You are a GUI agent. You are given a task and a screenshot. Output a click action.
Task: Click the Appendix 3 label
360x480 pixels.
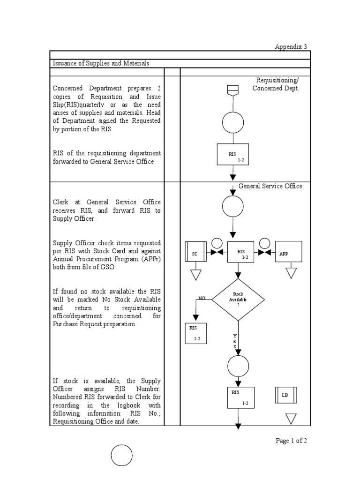click(x=291, y=47)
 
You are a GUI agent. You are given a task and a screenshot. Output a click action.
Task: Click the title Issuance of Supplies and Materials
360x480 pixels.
click(x=101, y=63)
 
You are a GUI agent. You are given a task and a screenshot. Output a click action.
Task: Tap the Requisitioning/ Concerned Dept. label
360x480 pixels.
click(x=276, y=84)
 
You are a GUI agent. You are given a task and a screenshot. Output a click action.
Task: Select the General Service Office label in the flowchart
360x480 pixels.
click(x=270, y=186)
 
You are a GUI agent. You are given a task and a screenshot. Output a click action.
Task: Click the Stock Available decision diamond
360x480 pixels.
click(x=238, y=300)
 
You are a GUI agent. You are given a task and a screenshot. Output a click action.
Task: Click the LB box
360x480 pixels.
click(x=285, y=395)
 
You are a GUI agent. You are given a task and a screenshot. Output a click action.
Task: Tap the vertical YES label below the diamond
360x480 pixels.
click(x=235, y=341)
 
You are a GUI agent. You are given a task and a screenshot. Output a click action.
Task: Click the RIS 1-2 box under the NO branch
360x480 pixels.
click(x=196, y=333)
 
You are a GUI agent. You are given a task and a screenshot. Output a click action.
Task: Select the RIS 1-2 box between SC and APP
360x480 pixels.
click(x=240, y=253)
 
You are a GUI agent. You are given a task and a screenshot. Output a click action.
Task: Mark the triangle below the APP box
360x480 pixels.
click(x=292, y=272)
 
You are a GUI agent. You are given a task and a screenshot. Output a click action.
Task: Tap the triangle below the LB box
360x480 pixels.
click(x=291, y=418)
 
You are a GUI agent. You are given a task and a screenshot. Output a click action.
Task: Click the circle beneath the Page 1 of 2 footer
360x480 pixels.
click(x=122, y=455)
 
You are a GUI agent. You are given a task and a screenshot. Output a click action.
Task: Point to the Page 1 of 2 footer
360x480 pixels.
click(x=291, y=441)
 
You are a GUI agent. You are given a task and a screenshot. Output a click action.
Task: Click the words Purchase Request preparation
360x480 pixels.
click(x=95, y=324)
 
